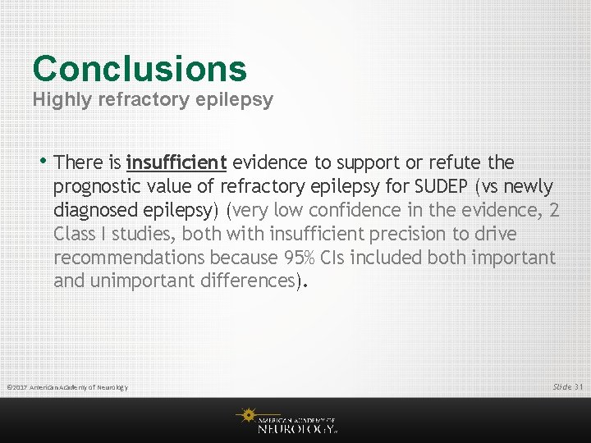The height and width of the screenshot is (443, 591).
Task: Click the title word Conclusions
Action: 140,69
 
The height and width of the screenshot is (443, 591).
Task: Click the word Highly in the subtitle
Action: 60,101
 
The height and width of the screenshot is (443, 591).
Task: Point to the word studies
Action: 138,234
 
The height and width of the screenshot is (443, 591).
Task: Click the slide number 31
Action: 578,386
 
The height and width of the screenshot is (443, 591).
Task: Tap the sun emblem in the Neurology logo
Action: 247,416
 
